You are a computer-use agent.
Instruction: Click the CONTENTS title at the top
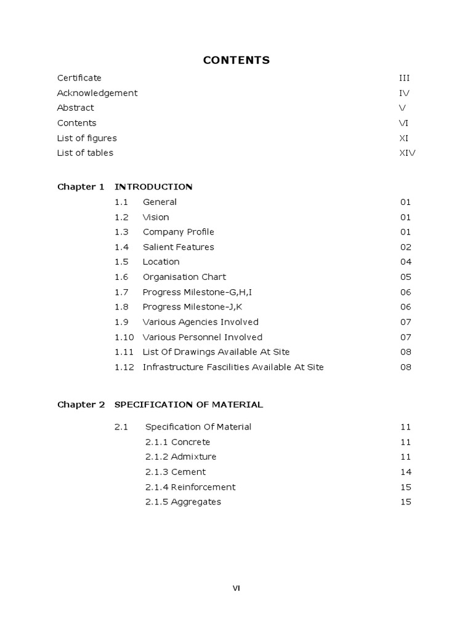tap(236, 60)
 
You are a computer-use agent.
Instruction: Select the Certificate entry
tap(79, 78)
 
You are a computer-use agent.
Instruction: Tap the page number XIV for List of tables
tap(407, 153)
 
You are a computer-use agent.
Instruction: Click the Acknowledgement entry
tap(97, 93)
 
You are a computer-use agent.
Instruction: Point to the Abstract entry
tap(76, 108)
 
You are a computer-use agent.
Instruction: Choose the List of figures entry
tap(87, 138)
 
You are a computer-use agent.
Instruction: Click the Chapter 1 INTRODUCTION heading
tap(125, 187)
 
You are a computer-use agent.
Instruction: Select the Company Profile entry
tap(179, 232)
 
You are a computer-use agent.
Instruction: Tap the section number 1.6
tap(121, 277)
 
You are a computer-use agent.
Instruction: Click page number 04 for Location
tap(405, 262)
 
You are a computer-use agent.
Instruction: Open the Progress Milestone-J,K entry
tap(188, 307)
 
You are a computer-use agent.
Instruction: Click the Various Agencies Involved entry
tap(200, 322)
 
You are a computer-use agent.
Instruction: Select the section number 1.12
tap(124, 367)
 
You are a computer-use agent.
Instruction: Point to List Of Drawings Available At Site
tap(216, 352)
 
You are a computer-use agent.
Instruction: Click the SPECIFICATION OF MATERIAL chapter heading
tap(188, 405)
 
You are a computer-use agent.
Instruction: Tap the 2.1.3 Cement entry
tap(176, 472)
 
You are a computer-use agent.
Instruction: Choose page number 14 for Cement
tap(405, 472)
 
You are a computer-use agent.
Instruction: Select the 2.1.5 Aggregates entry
tap(183, 502)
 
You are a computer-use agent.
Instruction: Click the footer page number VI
tap(236, 588)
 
